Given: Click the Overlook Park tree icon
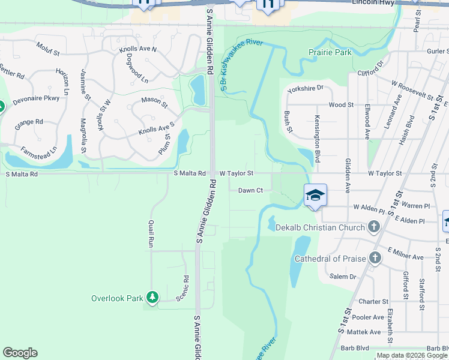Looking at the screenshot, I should point(153,298).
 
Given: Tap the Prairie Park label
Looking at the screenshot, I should point(330,53).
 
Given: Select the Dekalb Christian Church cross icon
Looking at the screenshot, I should point(374,227).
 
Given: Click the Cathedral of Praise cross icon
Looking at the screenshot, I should point(375,258).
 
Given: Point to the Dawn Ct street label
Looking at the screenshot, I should point(251,190).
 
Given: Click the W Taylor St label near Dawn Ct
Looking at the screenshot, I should point(237,173).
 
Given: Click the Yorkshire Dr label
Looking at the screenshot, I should point(305,88).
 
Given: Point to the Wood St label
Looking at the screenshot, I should point(341,104).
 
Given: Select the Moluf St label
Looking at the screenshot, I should point(49,49).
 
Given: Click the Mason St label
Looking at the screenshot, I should point(155,103).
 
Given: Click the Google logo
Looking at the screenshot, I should point(20,353).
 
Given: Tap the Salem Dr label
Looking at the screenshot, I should point(343,277).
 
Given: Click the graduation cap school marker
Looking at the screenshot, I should point(315,195).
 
